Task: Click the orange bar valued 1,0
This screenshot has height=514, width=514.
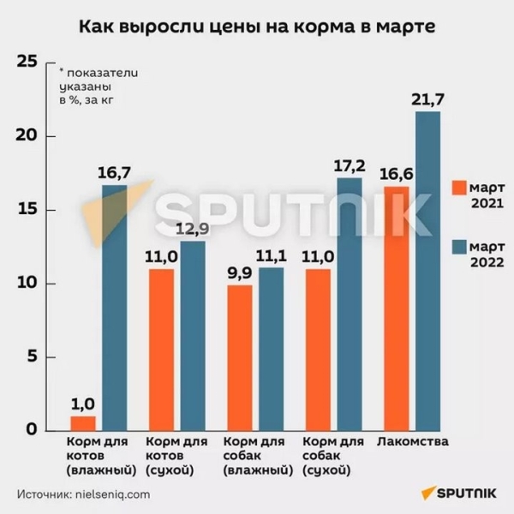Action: tap(82, 423)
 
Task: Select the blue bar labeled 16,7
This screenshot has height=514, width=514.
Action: tap(114, 308)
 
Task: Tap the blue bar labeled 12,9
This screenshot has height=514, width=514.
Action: tap(193, 336)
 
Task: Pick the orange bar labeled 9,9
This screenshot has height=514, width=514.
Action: tap(240, 358)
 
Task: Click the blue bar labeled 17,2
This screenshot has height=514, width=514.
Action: tap(350, 304)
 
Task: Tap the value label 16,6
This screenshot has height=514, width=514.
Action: tap(395, 174)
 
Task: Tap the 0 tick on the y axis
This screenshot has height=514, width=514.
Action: tap(33, 431)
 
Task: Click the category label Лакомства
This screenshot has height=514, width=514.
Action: tap(413, 442)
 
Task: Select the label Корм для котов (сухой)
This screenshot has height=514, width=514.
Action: tap(177, 456)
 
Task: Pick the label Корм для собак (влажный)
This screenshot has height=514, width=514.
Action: tap(255, 456)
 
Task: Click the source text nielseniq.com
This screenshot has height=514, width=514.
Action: tap(111, 494)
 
